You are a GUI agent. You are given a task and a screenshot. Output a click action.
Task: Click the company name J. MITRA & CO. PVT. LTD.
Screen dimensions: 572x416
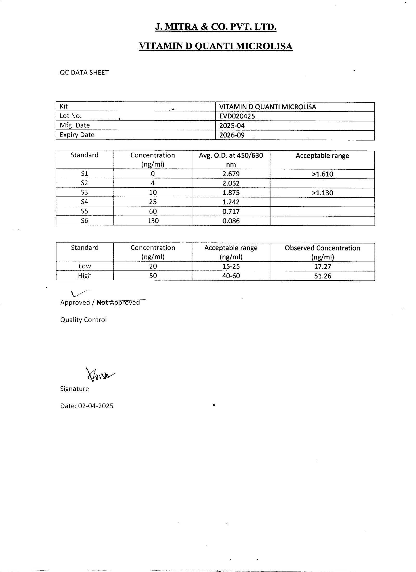point(216,27)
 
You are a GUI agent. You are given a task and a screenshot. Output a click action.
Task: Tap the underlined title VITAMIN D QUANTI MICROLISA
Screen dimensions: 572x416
point(216,46)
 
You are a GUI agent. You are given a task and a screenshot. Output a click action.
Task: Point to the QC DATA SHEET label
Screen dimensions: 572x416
point(84,72)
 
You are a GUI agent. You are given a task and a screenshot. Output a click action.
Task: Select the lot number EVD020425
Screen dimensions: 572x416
point(237,116)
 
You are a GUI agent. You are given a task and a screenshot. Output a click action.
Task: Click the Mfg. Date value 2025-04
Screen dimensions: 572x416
point(232,126)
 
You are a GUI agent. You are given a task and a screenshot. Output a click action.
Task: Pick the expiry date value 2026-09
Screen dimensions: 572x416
point(232,135)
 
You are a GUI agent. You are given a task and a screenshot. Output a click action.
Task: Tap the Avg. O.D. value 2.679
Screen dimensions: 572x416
point(231,174)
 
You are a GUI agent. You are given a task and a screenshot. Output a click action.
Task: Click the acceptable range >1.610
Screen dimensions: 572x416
point(322,174)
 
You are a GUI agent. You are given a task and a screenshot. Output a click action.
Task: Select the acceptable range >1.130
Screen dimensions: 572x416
point(322,193)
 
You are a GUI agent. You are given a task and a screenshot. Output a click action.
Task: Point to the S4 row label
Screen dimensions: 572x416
point(84,202)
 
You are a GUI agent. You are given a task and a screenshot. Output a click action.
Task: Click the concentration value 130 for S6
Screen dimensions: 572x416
point(153,221)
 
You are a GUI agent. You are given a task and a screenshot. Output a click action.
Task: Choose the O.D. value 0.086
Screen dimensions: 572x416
point(231,221)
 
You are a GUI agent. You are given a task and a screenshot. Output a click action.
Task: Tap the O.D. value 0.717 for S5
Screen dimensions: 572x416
point(231,211)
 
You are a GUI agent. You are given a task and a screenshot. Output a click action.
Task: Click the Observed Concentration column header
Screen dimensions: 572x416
point(322,252)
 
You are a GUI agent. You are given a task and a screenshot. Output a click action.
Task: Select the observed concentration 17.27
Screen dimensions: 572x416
point(323,267)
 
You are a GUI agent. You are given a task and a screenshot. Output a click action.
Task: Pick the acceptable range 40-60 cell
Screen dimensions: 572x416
point(231,276)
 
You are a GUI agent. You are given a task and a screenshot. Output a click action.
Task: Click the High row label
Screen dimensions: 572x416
point(85,276)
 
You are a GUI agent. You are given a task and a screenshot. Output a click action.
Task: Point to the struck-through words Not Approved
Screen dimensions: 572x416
point(118,302)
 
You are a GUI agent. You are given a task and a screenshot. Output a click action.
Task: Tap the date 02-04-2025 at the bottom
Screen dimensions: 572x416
point(96,406)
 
